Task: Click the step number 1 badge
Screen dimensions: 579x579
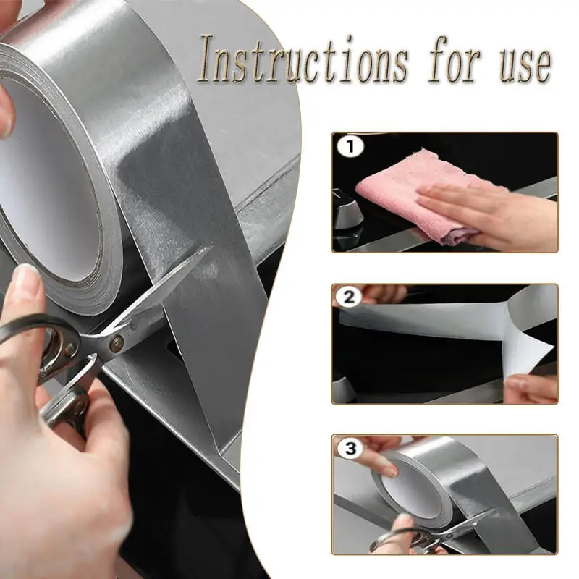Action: [x=350, y=148]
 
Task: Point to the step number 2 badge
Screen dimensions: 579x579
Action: [x=350, y=297]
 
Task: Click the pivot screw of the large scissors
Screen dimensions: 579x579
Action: [x=116, y=345]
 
